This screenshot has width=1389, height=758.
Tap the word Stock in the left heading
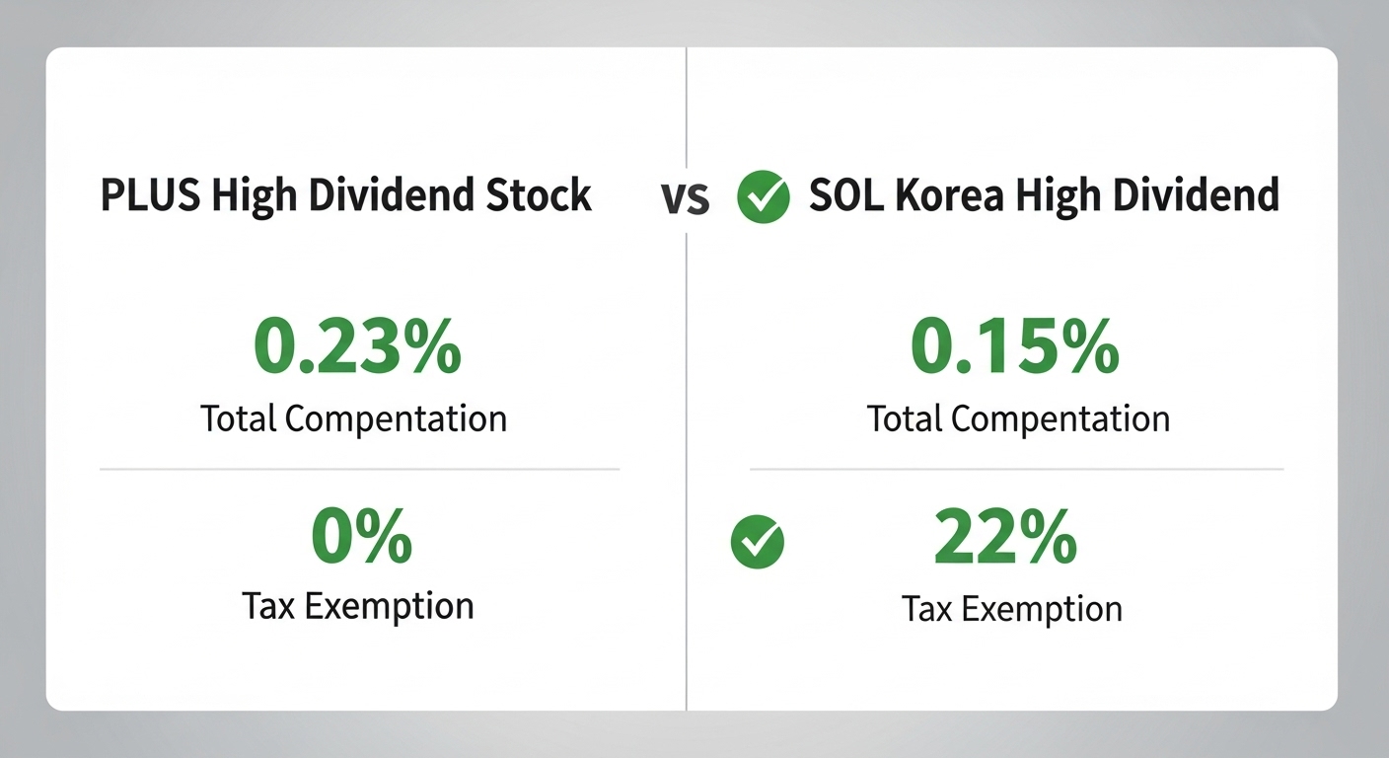pyautogui.click(x=541, y=195)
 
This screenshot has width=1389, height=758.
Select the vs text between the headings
pyautogui.click(x=685, y=197)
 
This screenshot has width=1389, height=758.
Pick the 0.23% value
pyautogui.click(x=357, y=346)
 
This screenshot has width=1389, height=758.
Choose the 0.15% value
pyautogui.click(x=1014, y=346)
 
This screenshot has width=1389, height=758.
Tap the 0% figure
pyautogui.click(x=361, y=538)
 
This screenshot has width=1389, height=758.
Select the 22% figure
pyautogui.click(x=1004, y=538)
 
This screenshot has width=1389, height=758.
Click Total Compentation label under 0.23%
pyautogui.click(x=353, y=418)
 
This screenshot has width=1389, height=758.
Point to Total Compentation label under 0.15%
pyautogui.click(x=1018, y=418)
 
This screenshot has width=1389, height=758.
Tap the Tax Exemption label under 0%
pyautogui.click(x=357, y=605)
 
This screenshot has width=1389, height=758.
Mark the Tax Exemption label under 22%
pyautogui.click(x=1012, y=609)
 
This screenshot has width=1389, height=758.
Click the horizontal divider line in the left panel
pyautogui.click(x=359, y=470)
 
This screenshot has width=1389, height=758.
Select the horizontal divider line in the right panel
pyautogui.click(x=1016, y=469)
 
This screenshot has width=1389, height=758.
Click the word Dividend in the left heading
pyautogui.click(x=395, y=195)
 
